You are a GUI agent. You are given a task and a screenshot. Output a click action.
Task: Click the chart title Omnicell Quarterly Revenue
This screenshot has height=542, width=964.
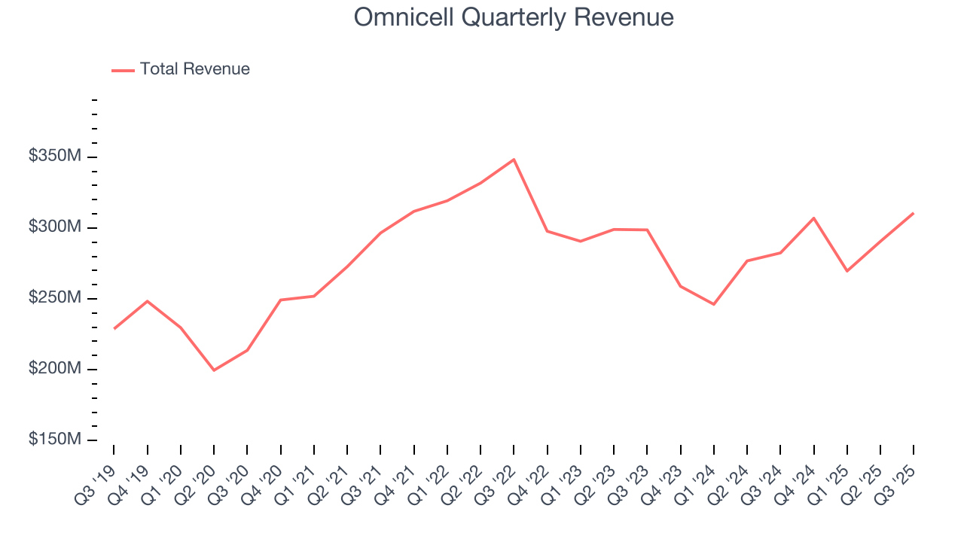(x=514, y=17)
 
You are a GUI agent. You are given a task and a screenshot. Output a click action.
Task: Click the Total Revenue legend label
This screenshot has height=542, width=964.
(x=194, y=69)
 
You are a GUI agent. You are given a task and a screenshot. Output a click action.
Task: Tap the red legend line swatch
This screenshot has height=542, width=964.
(x=123, y=70)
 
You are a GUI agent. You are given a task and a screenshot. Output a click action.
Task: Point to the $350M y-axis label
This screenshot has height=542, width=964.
(x=55, y=157)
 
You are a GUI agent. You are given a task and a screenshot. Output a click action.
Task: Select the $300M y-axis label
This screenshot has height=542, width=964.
(x=55, y=227)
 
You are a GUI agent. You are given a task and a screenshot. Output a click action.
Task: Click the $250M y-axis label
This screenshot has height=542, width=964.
(x=55, y=298)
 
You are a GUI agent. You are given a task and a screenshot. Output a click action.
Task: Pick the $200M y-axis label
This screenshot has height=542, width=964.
(x=55, y=369)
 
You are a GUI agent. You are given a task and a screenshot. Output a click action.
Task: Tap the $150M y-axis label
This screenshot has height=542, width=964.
(x=55, y=440)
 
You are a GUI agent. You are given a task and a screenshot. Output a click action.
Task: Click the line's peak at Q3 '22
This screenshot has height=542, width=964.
(x=514, y=160)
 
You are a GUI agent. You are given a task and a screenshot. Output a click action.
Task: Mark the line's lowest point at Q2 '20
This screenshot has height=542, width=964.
(x=214, y=370)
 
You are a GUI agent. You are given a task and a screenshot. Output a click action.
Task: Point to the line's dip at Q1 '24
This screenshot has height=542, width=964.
(x=713, y=304)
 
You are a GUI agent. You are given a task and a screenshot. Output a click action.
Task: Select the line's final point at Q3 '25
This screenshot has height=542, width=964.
(x=913, y=213)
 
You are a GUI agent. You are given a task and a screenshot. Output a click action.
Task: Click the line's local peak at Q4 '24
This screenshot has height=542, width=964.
(x=813, y=218)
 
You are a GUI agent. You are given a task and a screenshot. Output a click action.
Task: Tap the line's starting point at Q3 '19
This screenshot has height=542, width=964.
(x=114, y=328)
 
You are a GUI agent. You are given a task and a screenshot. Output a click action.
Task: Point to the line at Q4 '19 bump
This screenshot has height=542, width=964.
(x=148, y=301)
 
